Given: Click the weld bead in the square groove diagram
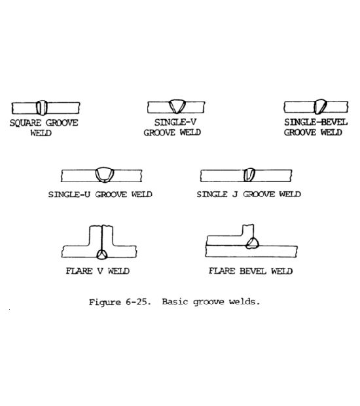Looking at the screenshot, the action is (42, 107).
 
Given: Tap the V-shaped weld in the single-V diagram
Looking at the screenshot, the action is (177, 107).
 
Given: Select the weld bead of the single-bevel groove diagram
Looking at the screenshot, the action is (320, 107).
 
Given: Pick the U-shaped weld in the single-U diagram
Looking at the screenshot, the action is (104, 175).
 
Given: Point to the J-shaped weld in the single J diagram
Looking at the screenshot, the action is (249, 175).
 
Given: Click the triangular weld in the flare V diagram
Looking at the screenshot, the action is (101, 255).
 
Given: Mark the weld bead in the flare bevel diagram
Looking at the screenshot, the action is (252, 244).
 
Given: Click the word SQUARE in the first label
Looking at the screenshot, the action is (26, 122).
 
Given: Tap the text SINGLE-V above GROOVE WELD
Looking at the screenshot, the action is (175, 122).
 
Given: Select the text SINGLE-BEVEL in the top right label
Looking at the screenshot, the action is (315, 122).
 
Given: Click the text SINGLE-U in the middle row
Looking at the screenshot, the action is (69, 194).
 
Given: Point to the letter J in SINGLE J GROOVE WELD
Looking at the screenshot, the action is (235, 194).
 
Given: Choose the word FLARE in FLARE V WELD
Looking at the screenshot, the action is (79, 271).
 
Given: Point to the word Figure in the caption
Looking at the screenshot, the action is (105, 303).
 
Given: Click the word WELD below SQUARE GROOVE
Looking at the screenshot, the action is (41, 133).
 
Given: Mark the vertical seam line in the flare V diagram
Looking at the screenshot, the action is (102, 238).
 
